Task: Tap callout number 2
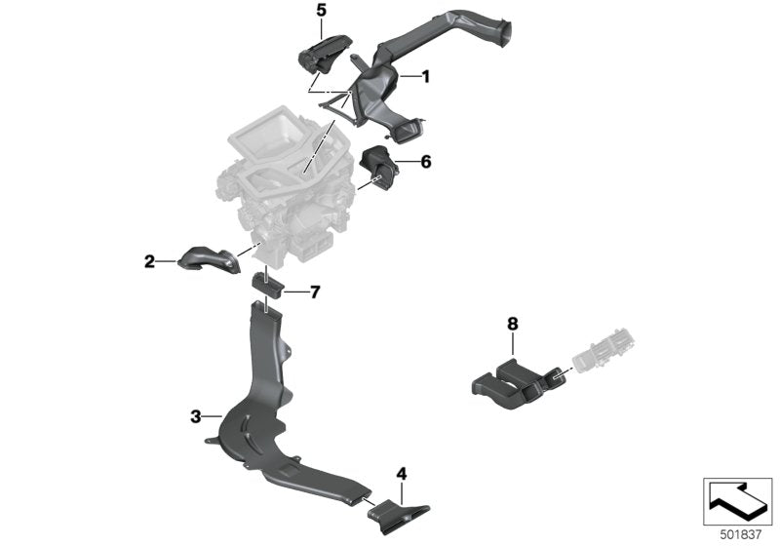[149, 260]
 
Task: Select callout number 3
[196, 416]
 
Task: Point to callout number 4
[401, 474]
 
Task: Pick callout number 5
[321, 11]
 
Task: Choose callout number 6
[425, 162]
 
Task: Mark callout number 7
[314, 292]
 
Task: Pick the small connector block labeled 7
[266, 285]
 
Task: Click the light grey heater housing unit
[283, 185]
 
